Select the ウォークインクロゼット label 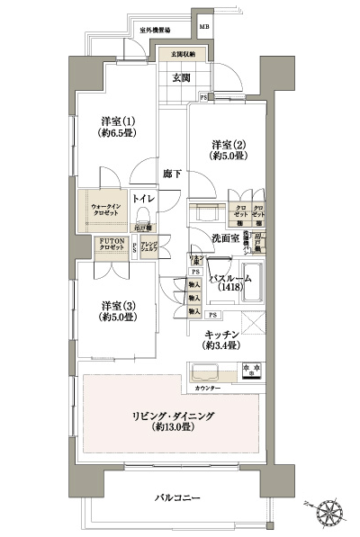click(x=106, y=211)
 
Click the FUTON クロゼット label click(x=112, y=244)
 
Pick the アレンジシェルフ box click(x=148, y=246)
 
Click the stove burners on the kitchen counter click(x=252, y=369)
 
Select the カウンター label click(x=206, y=388)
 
